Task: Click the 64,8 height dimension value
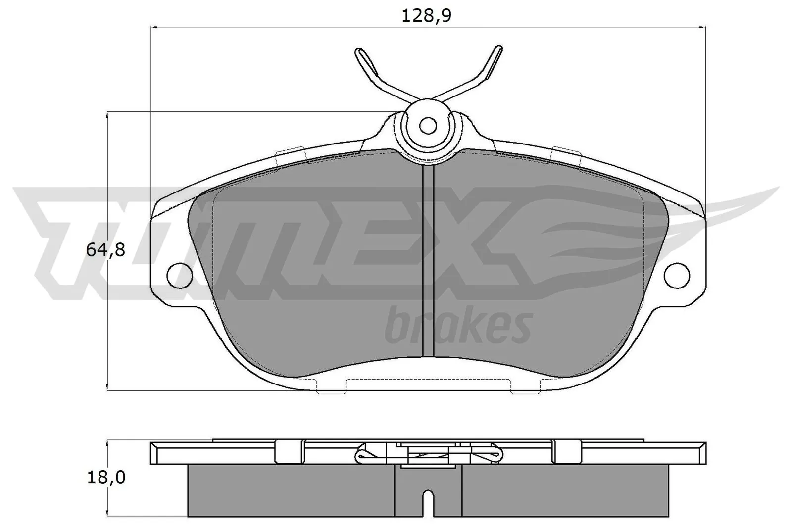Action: pos(105,250)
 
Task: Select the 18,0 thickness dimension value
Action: pos(105,477)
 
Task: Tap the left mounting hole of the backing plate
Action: pos(180,274)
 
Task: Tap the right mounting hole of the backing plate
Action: pos(677,274)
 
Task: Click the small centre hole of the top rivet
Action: pos(428,126)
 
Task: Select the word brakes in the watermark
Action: pos(457,327)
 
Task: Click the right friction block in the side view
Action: pos(564,490)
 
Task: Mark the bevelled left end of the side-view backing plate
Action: pos(154,453)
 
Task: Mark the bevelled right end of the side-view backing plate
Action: pos(702,453)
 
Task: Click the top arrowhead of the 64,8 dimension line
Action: pos(108,115)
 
